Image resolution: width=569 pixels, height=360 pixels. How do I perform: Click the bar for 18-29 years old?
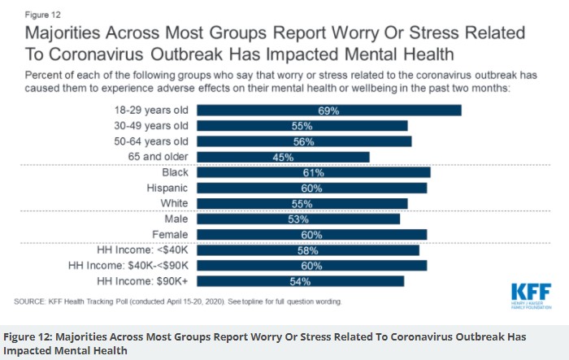[x=329, y=111]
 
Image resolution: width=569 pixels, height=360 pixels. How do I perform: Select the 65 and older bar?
[x=284, y=157]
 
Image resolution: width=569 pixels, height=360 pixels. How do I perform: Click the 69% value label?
[x=328, y=111]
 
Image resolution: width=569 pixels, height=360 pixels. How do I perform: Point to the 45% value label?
[x=284, y=157]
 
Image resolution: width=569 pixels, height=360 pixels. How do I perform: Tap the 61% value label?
[x=314, y=172]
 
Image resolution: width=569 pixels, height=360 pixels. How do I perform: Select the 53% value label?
[x=298, y=219]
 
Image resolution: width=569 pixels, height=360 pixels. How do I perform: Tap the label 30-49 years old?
[x=151, y=126]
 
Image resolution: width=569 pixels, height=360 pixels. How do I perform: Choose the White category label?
[x=173, y=203]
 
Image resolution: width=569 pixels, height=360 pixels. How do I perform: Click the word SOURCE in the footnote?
[x=29, y=301]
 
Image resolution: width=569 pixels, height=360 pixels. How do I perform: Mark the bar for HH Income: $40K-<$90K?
[x=312, y=265]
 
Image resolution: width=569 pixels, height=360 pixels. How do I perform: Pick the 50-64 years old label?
[x=151, y=141]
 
